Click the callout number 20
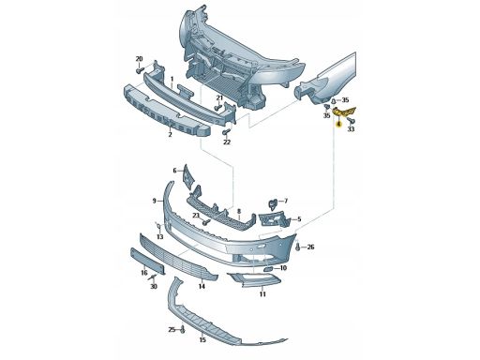click(139, 59)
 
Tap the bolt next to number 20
click(140, 70)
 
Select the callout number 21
click(219, 97)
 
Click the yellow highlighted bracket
click(344, 112)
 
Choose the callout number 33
click(351, 128)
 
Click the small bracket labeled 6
click(188, 177)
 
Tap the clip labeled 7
click(273, 203)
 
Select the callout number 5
click(299, 219)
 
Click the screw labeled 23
click(205, 222)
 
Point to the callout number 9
click(154, 201)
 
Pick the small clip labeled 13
click(157, 225)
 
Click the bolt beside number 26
click(297, 247)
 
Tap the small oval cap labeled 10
click(268, 269)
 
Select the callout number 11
click(262, 294)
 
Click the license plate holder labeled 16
click(147, 262)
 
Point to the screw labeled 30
click(154, 277)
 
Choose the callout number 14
click(202, 286)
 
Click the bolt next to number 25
click(183, 329)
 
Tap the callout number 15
click(202, 339)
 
